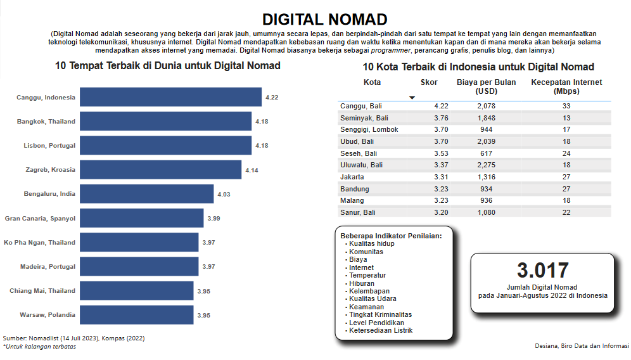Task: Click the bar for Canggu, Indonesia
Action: click(171, 97)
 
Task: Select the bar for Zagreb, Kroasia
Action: click(161, 170)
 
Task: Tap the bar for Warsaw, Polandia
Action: click(137, 315)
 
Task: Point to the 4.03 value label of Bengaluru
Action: click(224, 194)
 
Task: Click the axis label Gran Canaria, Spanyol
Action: click(40, 218)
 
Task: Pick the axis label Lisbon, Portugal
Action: click(49, 146)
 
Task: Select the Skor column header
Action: click(429, 82)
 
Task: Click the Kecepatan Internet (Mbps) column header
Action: click(566, 87)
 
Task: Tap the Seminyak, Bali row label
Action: click(364, 118)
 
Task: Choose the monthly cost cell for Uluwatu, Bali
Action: click(486, 165)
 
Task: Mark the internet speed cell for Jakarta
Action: click(566, 177)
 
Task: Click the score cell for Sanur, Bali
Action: click(441, 212)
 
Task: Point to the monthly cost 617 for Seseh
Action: click(486, 153)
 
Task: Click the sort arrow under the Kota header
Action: click(412, 98)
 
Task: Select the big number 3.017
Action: click(542, 271)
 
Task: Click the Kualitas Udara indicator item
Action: click(373, 299)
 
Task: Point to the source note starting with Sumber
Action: click(73, 338)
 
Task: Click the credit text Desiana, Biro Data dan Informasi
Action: click(582, 346)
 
